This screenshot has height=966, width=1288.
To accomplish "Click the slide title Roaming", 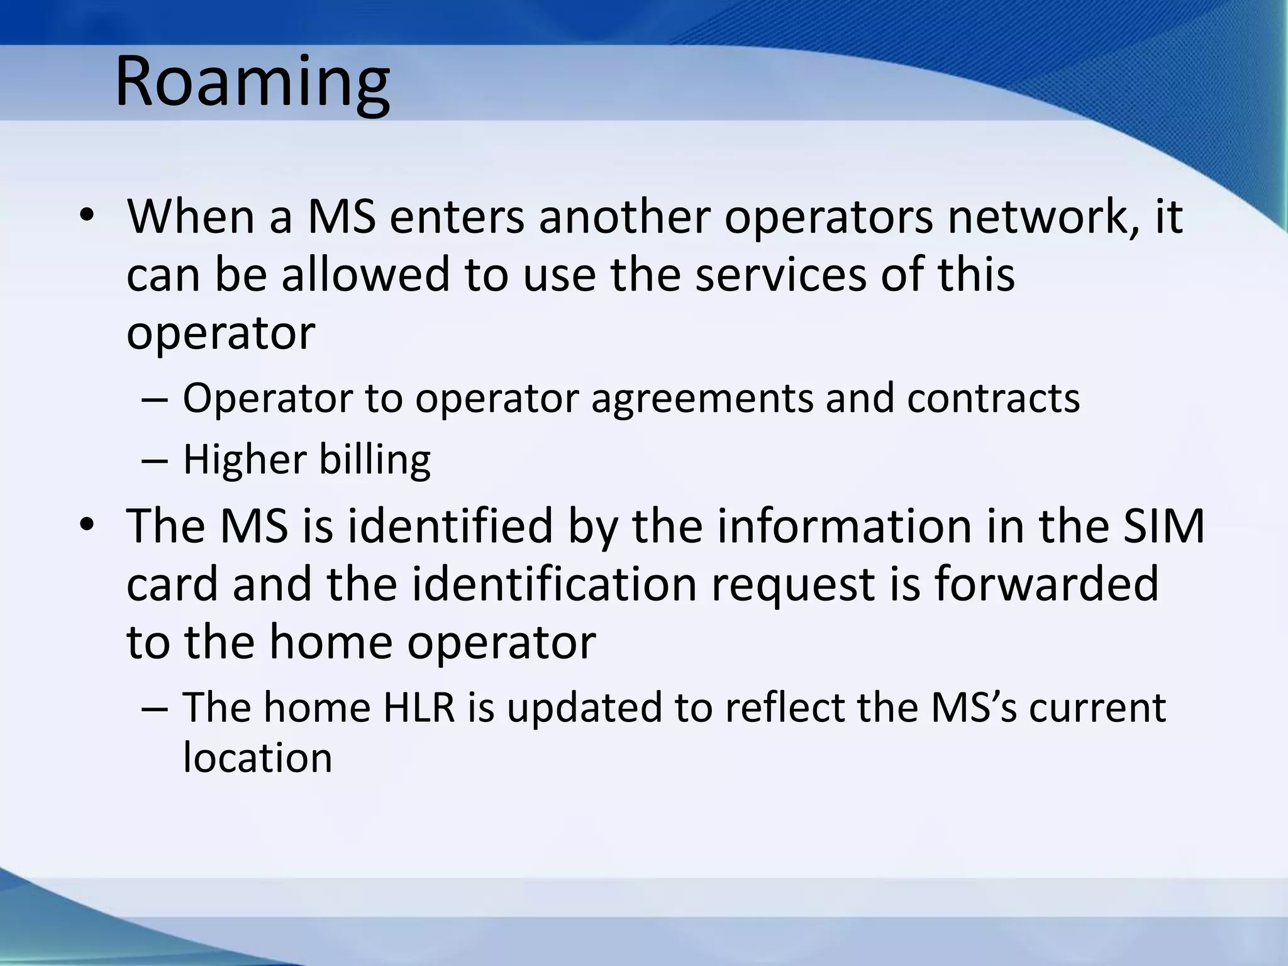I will point(252,83).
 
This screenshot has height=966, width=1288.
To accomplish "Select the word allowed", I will point(365,275).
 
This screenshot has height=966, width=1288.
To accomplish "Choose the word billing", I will point(375,460).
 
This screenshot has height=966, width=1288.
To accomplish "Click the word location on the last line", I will point(257,758).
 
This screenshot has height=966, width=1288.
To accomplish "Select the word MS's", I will point(974,708).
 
